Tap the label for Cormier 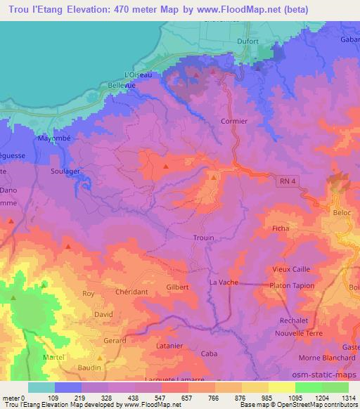point(234,121)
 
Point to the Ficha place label point(281,228)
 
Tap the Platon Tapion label point(292,285)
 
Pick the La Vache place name point(224,282)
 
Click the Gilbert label point(177,287)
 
